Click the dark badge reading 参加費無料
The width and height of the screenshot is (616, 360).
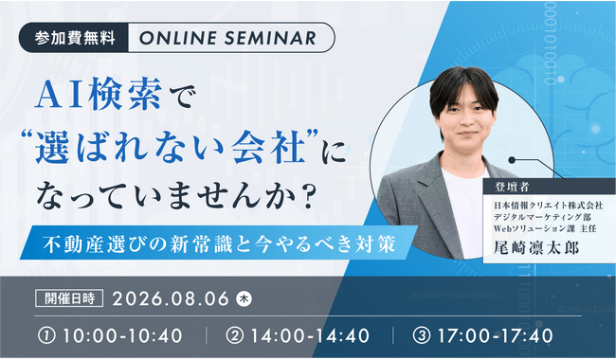74,38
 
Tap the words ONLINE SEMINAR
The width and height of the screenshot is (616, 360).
227,38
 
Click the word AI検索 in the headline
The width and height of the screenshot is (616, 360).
99,94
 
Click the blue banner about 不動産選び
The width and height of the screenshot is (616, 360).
218,243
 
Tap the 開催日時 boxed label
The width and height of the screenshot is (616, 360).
69,298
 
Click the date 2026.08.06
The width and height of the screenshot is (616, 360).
171,298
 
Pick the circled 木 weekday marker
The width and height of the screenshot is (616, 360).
244,298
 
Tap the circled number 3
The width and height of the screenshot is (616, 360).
422,336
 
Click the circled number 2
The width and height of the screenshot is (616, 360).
235,336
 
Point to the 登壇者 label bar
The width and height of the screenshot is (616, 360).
550,187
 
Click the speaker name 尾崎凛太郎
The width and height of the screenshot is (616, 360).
536,247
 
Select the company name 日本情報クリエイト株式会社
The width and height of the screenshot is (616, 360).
548,205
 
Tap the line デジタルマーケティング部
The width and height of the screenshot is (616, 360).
542,217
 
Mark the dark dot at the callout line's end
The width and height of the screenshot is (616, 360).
512,160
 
